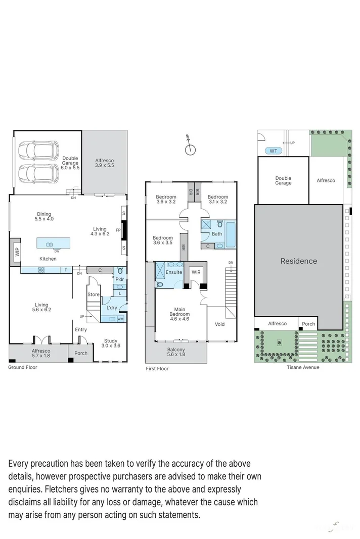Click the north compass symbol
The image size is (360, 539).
click(190, 149)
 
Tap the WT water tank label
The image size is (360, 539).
click(273, 151)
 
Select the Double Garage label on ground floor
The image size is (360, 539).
click(70, 161)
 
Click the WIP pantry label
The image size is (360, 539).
click(16, 251)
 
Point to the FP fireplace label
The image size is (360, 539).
click(118, 230)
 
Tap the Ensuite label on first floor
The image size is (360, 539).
click(174, 272)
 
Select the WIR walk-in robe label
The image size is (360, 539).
click(196, 272)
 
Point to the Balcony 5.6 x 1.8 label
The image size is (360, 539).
click(176, 352)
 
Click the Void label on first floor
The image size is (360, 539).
click(219, 324)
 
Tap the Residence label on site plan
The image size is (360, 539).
click(299, 261)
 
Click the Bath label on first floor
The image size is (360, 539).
click(217, 234)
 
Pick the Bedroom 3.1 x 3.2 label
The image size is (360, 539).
click(218, 199)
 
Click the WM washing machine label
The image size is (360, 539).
click(120, 319)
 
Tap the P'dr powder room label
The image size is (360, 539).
click(120, 279)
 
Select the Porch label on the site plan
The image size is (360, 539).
click(308, 324)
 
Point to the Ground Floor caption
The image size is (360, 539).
click(22, 367)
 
